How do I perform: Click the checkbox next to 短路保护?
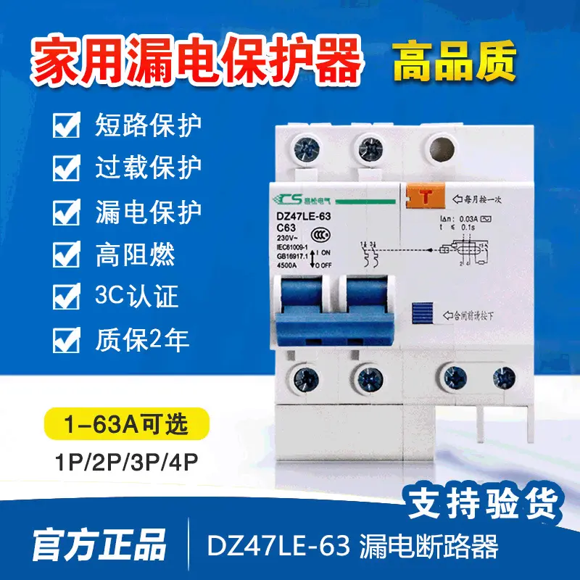click(67, 126)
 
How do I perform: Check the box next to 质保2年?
click(67, 339)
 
